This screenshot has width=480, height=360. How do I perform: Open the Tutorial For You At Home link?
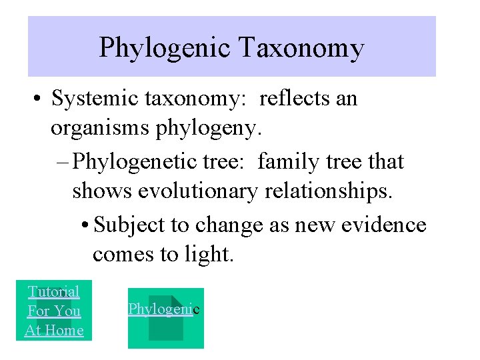coord(54,311)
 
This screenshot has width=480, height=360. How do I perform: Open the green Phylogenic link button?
coord(165,317)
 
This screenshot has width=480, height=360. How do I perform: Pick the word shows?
coord(103,192)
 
